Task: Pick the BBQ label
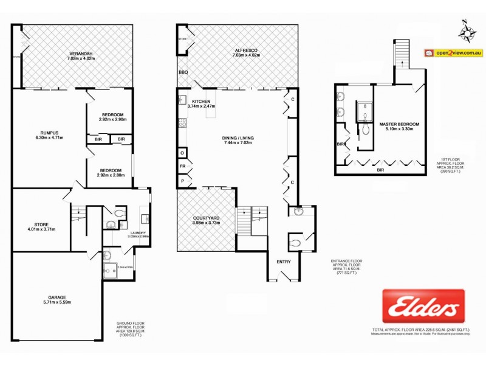coord(183,72)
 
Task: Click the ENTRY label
coord(284,262)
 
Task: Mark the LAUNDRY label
coord(135,233)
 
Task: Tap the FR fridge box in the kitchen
coord(182,165)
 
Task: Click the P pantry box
coord(182,181)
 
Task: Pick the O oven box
coord(182,152)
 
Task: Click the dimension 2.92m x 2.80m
coord(111,175)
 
